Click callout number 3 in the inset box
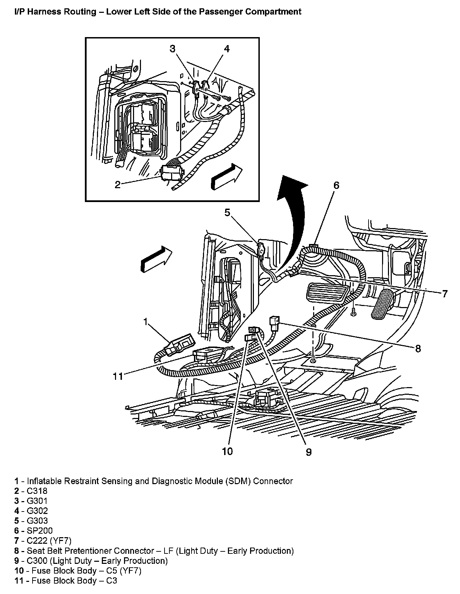point(172,49)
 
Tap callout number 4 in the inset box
point(226,49)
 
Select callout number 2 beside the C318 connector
point(118,185)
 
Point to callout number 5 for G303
point(227,212)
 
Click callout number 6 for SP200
point(336,185)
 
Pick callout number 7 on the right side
point(444,294)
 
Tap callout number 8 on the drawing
point(418,348)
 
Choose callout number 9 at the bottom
point(309,452)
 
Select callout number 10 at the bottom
point(228,451)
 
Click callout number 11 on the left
point(118,376)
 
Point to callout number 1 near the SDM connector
point(146,322)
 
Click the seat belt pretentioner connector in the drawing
point(274,322)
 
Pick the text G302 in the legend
point(37,511)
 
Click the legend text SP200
point(39,531)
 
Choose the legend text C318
point(37,491)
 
